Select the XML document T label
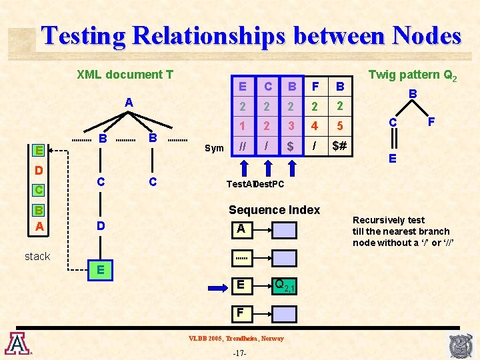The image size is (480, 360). [x=125, y=75]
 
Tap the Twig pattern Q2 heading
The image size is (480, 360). [x=413, y=75]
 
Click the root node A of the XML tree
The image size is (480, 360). [x=129, y=103]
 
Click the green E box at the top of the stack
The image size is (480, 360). [x=40, y=150]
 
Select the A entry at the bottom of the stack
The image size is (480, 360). [x=40, y=226]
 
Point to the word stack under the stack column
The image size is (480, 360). [x=37, y=256]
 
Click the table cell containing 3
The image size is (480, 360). [x=290, y=125]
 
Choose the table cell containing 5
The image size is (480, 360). [x=339, y=125]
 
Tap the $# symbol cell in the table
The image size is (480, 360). [x=339, y=146]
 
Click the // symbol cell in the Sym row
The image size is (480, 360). [x=243, y=146]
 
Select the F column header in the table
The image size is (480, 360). [x=315, y=86]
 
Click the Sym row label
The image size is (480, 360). [x=214, y=147]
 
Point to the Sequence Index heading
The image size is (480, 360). [x=274, y=210]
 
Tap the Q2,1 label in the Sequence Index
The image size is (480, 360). [x=284, y=286]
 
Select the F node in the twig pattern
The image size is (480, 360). [x=431, y=123]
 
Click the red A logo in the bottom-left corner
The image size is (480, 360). [x=17, y=343]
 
